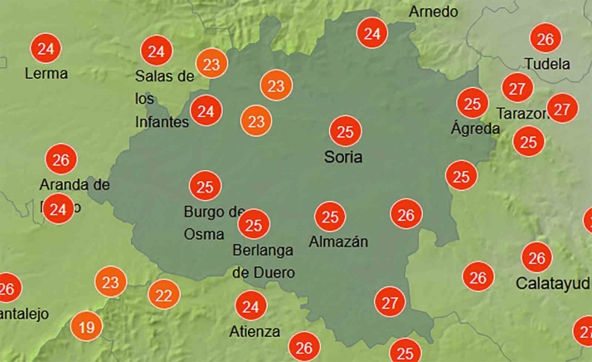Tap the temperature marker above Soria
pyautogui.click(x=345, y=131)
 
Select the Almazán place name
pyautogui.click(x=338, y=242)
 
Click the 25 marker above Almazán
pyautogui.click(x=330, y=218)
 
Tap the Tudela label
pyautogui.click(x=547, y=64)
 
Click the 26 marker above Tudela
pyautogui.click(x=545, y=39)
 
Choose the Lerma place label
pyautogui.click(x=46, y=73)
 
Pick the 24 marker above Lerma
pyautogui.click(x=46, y=48)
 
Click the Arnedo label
pyautogui.click(x=434, y=12)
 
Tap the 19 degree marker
pyautogui.click(x=85, y=326)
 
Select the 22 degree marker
pyautogui.click(x=163, y=293)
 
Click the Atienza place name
pyautogui.click(x=253, y=332)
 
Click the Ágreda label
pyautogui.click(x=475, y=129)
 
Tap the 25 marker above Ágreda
pyautogui.click(x=473, y=104)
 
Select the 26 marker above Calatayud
pyautogui.click(x=537, y=257)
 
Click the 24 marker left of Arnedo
pyautogui.click(x=372, y=34)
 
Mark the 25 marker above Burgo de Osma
pyautogui.click(x=205, y=186)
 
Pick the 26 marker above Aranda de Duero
pyautogui.click(x=60, y=159)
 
